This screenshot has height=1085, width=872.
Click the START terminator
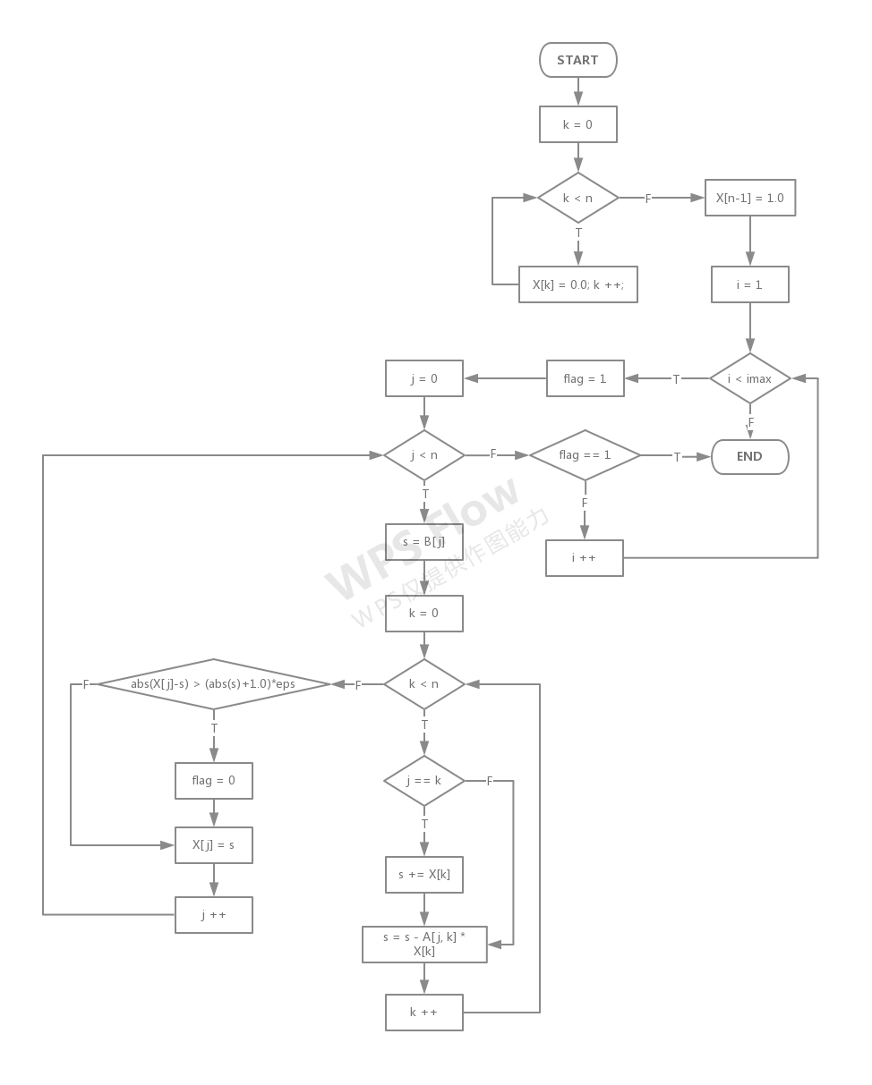[x=577, y=60]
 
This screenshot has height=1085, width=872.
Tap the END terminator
[x=749, y=456]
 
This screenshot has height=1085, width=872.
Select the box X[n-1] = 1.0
[x=749, y=198]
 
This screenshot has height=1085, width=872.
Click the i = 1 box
[x=749, y=284]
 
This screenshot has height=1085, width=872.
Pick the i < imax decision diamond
[x=749, y=379]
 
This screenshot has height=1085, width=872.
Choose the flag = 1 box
[x=585, y=379]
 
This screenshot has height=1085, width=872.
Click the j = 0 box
[x=423, y=378]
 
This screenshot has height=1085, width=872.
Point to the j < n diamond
[x=423, y=455]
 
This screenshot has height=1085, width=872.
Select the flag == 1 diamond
[x=585, y=455]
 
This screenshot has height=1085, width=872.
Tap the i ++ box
[x=585, y=557]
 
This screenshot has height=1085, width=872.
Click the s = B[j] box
[x=423, y=542]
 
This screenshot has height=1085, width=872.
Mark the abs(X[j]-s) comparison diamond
[x=214, y=684]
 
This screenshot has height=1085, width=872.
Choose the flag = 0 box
[x=213, y=780]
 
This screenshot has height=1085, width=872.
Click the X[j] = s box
[x=213, y=844]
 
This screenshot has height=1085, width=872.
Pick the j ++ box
[x=213, y=915]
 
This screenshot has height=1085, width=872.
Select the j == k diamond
[x=423, y=781]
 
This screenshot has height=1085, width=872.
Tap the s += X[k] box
[x=423, y=875]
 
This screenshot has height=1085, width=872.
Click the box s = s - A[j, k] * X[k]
[x=424, y=945]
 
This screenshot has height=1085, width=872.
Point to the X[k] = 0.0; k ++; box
[x=578, y=284]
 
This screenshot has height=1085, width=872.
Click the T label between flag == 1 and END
[x=677, y=457]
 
